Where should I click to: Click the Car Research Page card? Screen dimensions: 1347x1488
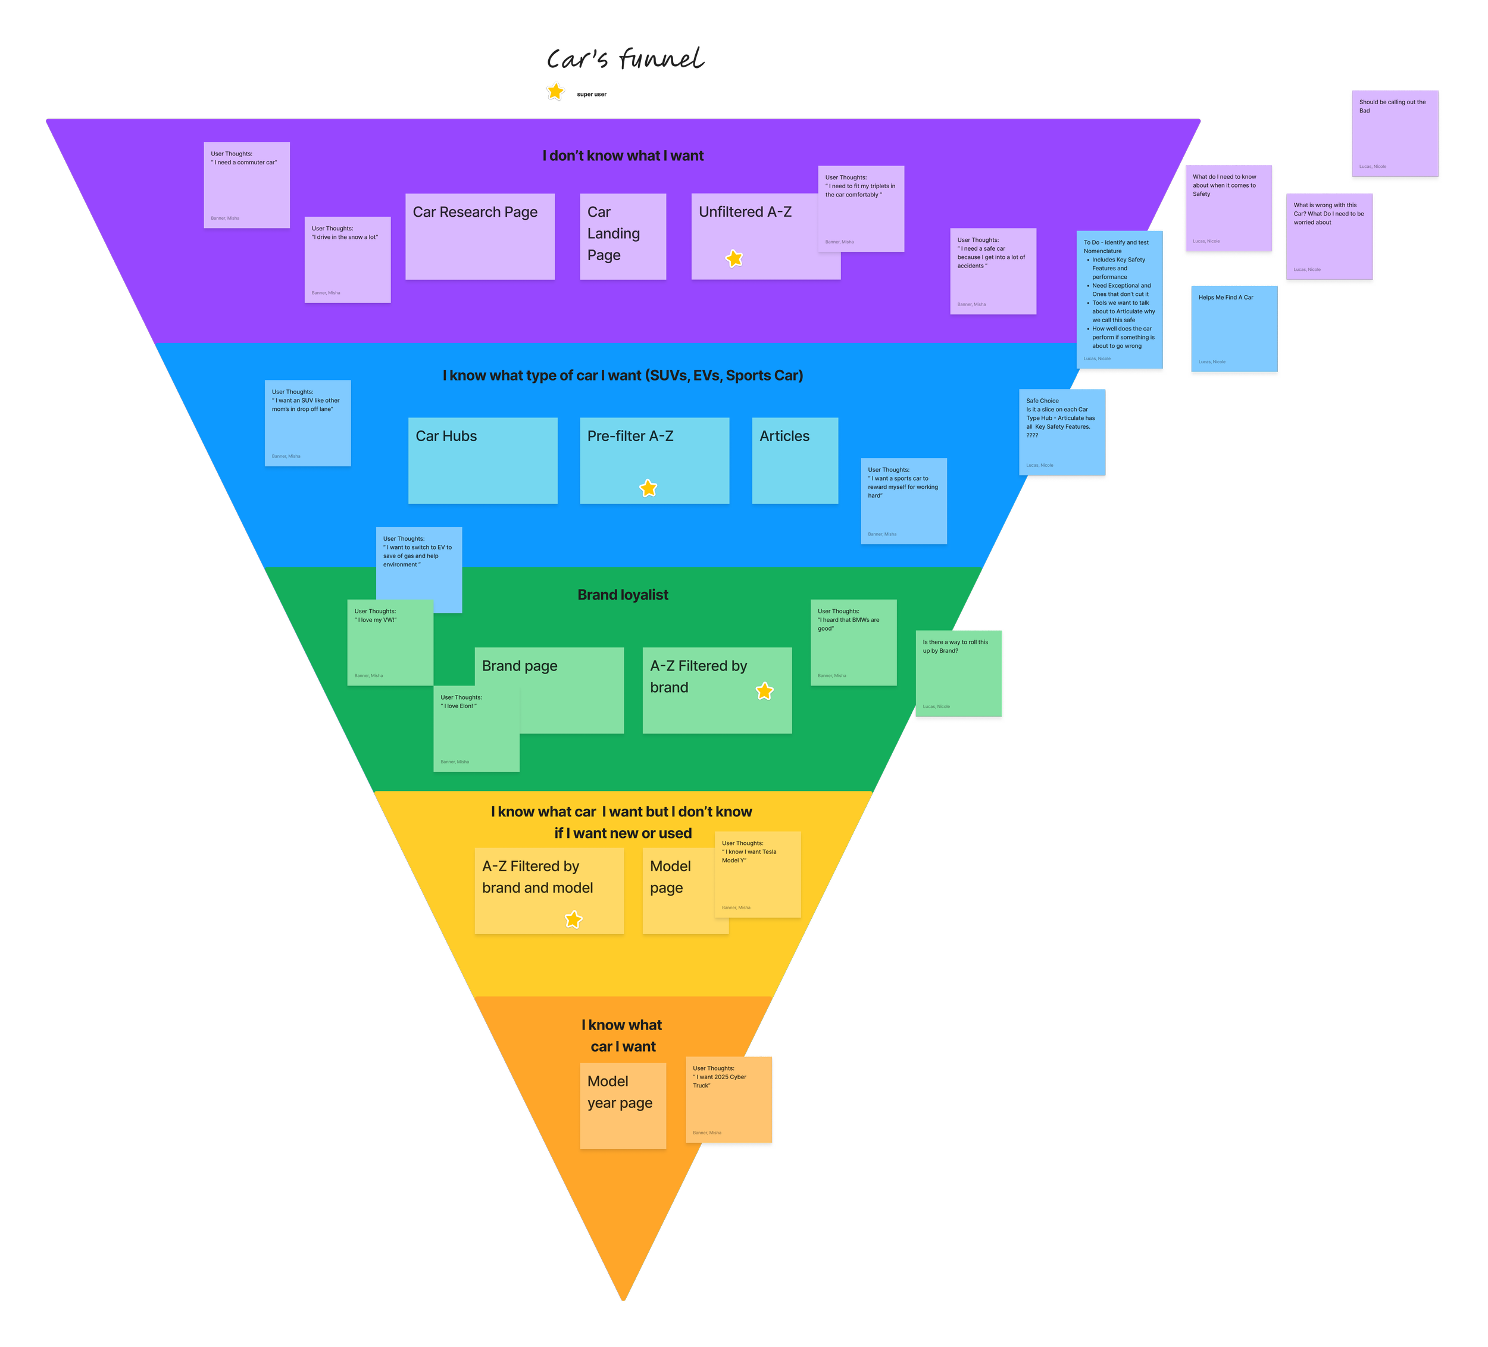[480, 236]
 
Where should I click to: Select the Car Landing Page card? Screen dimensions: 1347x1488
[622, 236]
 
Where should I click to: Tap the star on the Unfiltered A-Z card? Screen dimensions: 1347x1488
[734, 258]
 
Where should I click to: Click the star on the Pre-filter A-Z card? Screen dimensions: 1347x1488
[648, 488]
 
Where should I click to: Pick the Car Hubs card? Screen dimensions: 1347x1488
[483, 461]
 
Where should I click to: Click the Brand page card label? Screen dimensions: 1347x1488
[520, 666]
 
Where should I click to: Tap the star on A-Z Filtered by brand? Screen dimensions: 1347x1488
[765, 691]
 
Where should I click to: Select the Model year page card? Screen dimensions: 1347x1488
[622, 1105]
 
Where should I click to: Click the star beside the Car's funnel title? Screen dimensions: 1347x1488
[555, 92]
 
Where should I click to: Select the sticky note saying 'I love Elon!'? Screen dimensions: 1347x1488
[476, 729]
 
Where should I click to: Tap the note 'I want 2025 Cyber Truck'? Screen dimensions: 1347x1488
[729, 1100]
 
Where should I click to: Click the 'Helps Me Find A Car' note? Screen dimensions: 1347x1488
[1233, 329]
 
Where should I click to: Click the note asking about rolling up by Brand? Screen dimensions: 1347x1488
[959, 673]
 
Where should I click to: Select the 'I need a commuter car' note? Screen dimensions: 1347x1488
[246, 185]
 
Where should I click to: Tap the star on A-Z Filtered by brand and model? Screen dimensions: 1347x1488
[574, 919]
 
